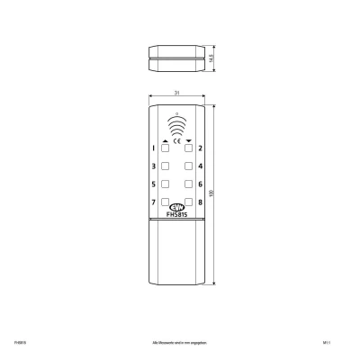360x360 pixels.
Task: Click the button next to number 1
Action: (165, 147)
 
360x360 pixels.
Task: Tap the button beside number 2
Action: (188, 147)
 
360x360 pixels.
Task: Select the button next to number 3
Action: (165, 166)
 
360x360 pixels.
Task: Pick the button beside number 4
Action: (188, 166)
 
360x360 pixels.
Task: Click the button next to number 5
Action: (165, 184)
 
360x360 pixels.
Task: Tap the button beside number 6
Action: (188, 184)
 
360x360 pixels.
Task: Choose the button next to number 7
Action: (165, 202)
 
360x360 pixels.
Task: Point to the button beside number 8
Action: (188, 202)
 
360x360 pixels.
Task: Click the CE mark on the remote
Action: (176, 140)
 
